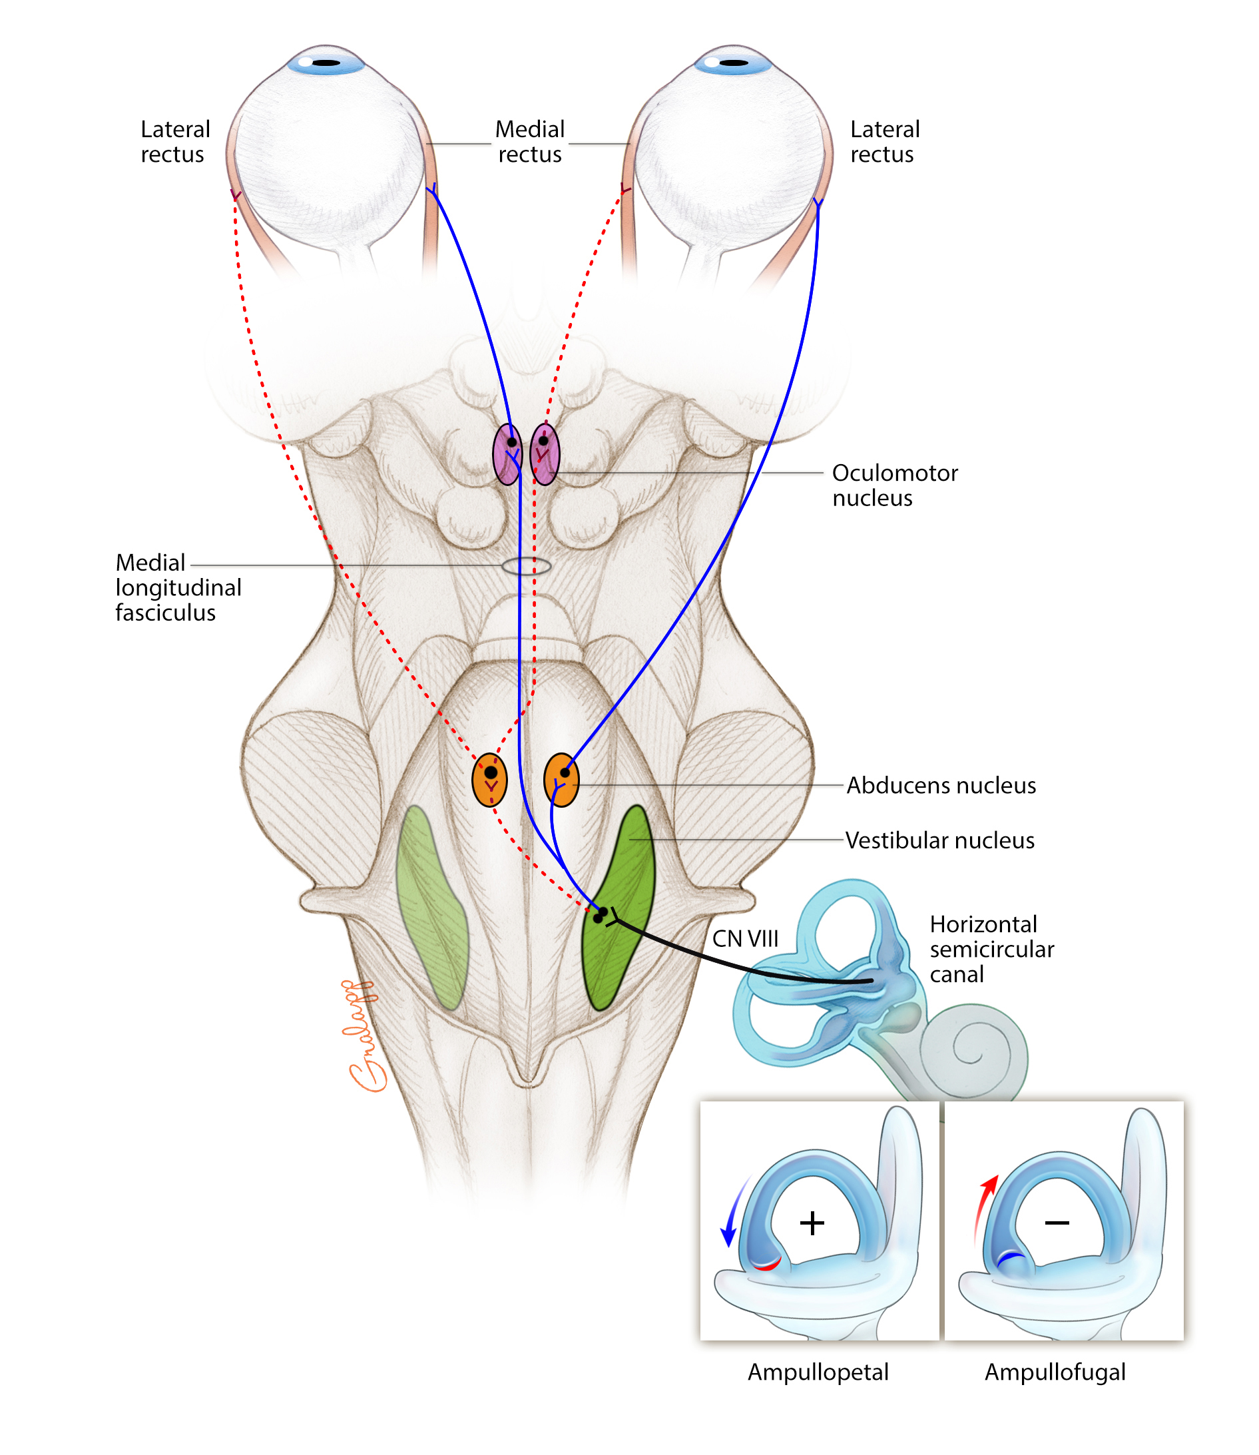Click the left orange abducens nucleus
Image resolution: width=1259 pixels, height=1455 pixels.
490,780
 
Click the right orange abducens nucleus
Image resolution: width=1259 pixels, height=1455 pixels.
561,780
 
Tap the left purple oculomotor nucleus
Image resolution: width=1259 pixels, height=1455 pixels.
507,455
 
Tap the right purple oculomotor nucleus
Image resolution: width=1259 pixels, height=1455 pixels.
545,455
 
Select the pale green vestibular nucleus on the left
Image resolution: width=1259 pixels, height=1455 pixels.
431,906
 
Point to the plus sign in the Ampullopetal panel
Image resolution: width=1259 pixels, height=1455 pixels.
812,1223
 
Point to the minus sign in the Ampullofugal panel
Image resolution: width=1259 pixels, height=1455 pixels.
1057,1223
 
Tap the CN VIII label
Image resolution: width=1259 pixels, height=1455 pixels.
746,939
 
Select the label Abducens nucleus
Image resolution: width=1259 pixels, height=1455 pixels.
941,786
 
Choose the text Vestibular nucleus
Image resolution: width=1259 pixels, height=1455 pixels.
939,840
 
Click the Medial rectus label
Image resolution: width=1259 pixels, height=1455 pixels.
530,141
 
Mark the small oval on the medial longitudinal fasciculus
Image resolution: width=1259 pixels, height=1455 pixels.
526,565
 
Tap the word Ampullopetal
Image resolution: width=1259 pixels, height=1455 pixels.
818,1372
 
